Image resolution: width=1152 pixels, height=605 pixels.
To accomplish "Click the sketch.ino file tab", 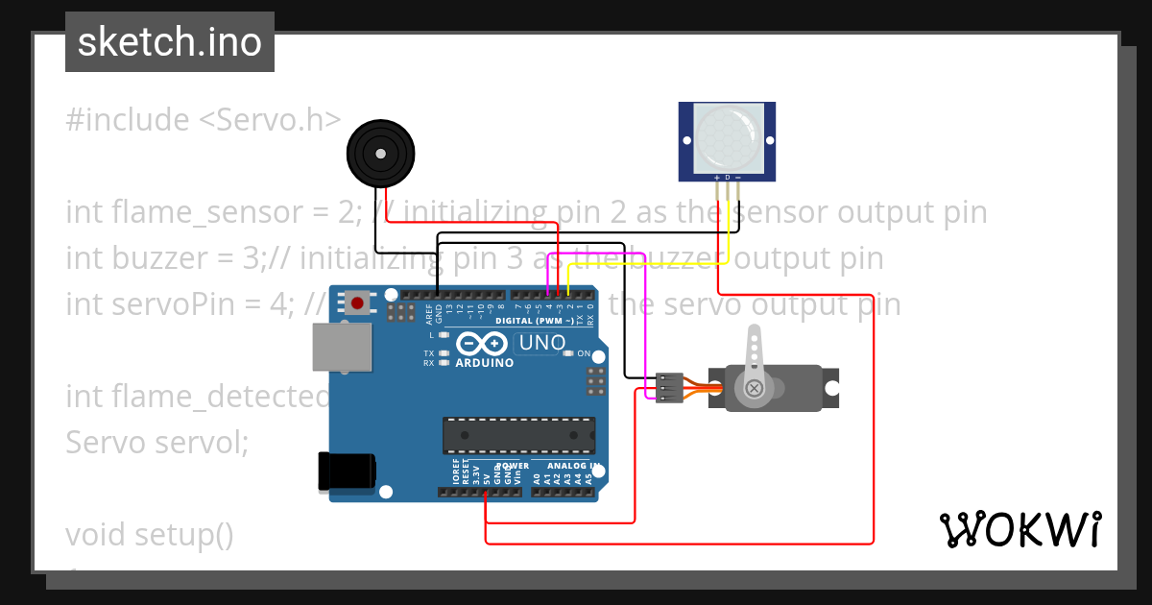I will point(169,42).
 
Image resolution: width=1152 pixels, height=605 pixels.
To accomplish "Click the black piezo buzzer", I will point(381,154).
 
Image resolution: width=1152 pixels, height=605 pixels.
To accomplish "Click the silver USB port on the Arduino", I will point(343,347).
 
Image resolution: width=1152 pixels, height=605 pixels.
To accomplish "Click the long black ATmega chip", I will point(518,435).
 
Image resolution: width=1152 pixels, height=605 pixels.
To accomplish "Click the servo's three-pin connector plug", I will point(669,388).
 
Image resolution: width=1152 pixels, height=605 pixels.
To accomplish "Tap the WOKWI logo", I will point(1020,529).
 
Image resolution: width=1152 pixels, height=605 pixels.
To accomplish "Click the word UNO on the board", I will point(542,343).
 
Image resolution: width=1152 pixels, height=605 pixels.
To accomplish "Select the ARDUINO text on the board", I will point(485,363).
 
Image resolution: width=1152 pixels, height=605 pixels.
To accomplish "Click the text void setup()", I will point(150,534).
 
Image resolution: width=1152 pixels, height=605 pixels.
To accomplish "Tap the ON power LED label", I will point(585,354).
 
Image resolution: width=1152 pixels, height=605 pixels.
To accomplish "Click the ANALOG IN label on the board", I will point(573,466).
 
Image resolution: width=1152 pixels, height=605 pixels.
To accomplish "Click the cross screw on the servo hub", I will point(755,388).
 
